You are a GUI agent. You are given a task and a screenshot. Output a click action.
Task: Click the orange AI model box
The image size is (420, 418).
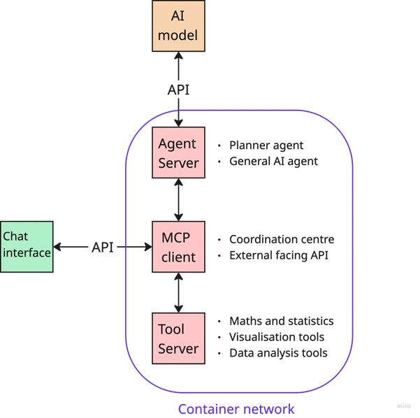click(x=179, y=26)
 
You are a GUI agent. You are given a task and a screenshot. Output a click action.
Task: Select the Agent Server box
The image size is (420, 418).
click(x=179, y=153)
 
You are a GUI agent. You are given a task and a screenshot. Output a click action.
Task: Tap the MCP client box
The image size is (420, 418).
click(x=179, y=247)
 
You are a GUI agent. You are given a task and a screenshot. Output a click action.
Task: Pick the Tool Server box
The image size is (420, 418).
click(x=179, y=338)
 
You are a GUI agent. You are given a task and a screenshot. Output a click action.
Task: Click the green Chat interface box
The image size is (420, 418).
click(x=27, y=246)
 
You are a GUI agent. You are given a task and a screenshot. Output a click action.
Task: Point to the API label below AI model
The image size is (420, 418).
click(x=178, y=90)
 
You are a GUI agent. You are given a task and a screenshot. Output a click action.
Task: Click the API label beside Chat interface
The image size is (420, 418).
click(x=102, y=247)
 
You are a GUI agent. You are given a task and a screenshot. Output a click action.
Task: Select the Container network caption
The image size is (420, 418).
click(x=236, y=409)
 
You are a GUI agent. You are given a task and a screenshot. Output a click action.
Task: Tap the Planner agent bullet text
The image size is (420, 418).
click(x=266, y=145)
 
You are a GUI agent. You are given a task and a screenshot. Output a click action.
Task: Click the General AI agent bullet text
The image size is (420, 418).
click(x=273, y=161)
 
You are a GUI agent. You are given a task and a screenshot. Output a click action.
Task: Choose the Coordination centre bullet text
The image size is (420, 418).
click(x=282, y=239)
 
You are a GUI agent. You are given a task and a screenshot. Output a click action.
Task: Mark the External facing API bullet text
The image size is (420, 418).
click(x=279, y=255)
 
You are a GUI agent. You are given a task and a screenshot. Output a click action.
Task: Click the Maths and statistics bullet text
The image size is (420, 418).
click(x=282, y=321)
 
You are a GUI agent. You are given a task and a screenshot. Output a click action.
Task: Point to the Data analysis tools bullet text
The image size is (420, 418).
click(x=278, y=353)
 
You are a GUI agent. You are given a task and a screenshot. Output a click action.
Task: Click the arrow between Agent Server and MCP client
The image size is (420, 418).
click(x=179, y=200)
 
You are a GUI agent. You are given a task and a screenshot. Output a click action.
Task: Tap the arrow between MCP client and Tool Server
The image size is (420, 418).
click(x=179, y=292)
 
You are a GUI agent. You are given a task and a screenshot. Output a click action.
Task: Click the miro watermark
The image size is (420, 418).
click(x=403, y=406)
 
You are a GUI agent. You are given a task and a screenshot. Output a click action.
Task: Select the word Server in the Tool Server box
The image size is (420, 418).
click(x=179, y=348)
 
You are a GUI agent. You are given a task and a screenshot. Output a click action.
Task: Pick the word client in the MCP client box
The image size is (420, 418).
click(x=179, y=257)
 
